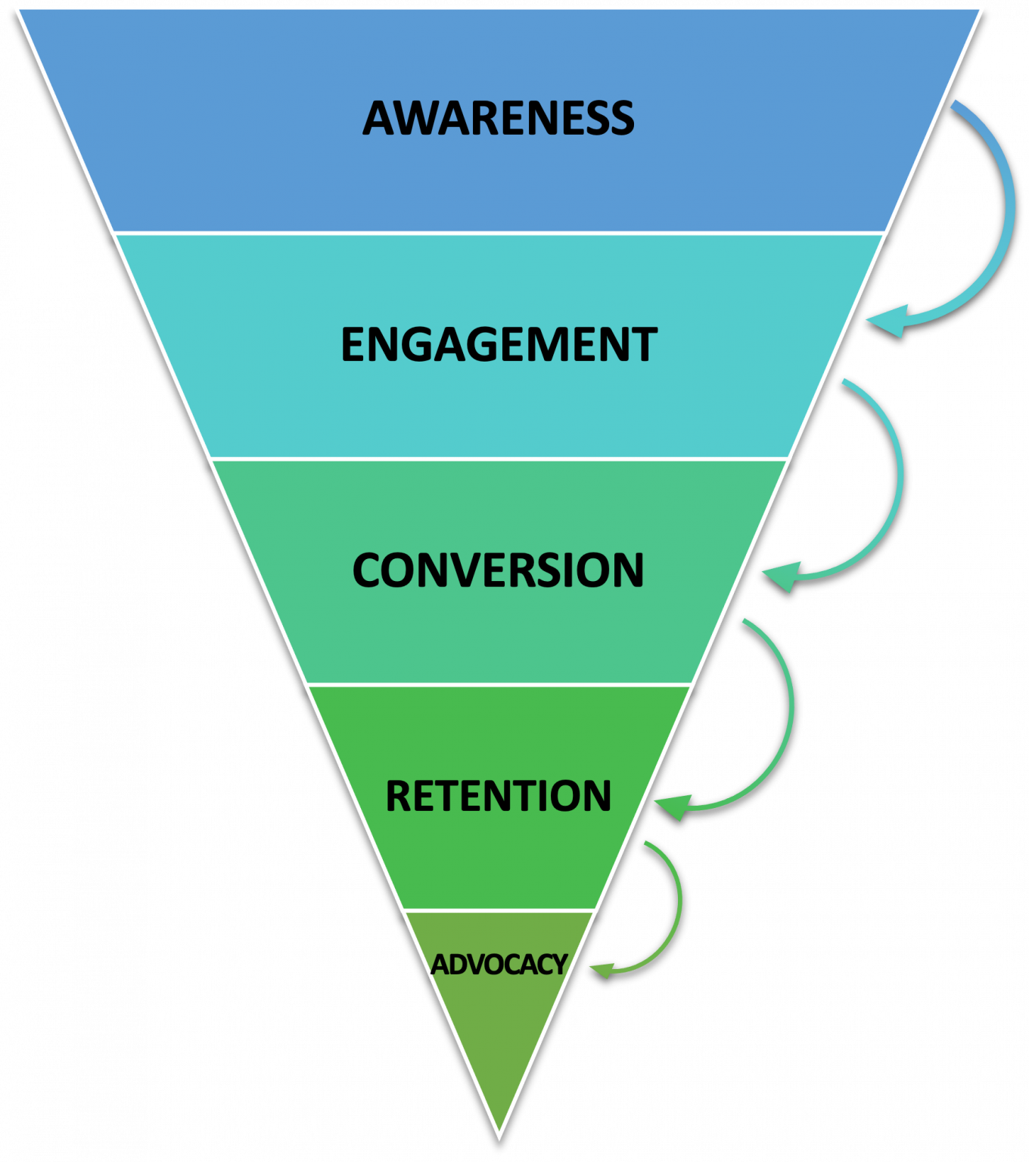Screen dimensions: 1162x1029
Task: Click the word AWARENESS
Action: click(x=498, y=119)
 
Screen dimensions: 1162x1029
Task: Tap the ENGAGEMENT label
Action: click(x=499, y=345)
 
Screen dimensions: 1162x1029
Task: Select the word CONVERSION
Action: click(x=498, y=570)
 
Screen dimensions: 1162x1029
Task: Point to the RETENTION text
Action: click(x=498, y=796)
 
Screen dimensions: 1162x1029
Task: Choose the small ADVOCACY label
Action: click(x=499, y=965)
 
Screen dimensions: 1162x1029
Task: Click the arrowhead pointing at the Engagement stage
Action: click(x=887, y=321)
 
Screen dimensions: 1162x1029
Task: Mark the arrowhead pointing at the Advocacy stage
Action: click(x=601, y=969)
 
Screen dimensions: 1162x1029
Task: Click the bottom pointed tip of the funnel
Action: click(x=499, y=1136)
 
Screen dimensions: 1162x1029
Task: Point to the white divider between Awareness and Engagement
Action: click(x=499, y=233)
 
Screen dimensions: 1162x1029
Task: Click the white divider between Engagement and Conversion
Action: click(x=499, y=458)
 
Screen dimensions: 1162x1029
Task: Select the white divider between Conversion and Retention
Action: click(x=499, y=685)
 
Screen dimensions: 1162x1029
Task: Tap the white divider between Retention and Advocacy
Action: click(x=499, y=910)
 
